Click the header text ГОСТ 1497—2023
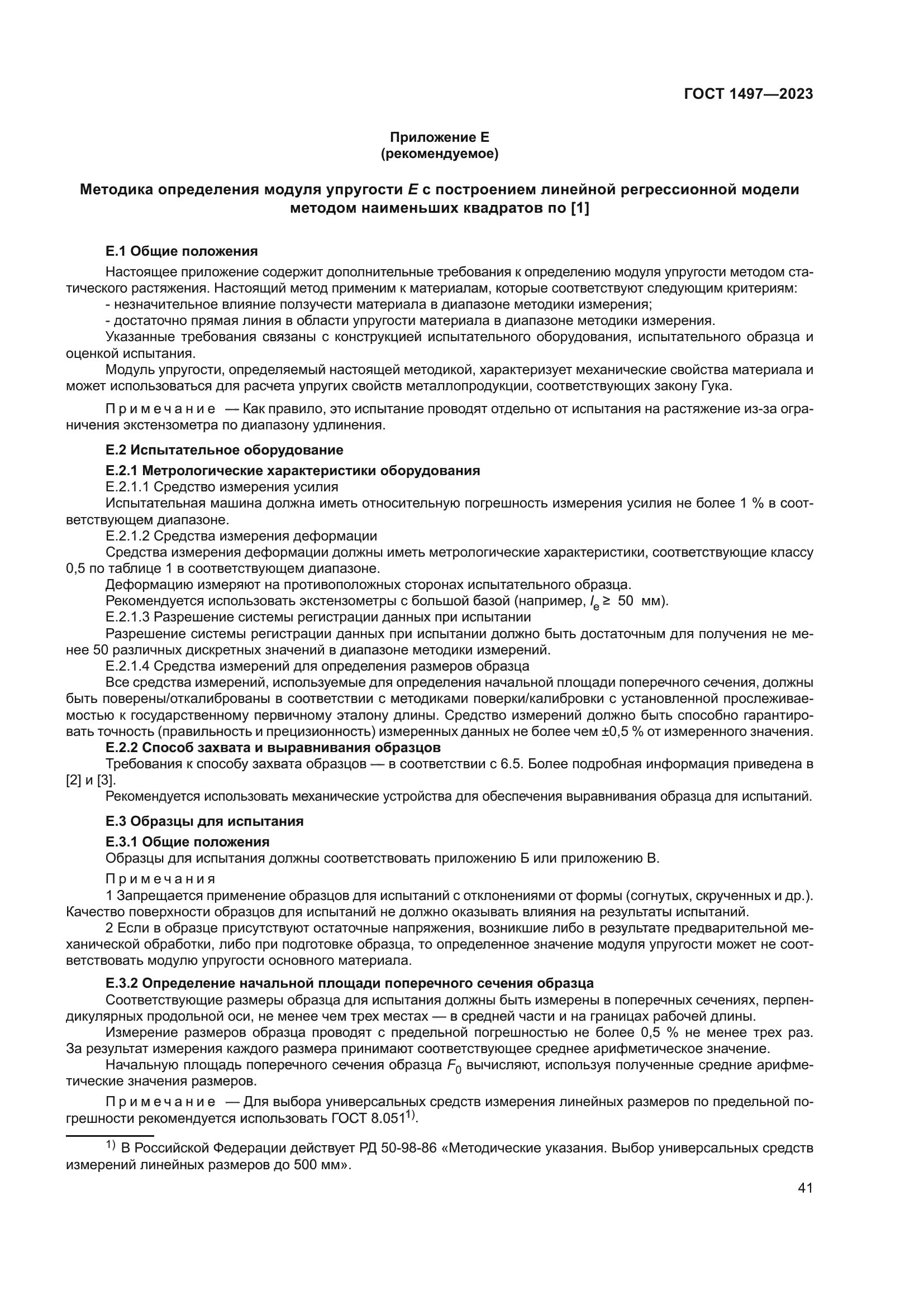(x=748, y=94)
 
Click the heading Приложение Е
(x=439, y=137)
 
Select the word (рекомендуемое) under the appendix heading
(x=439, y=154)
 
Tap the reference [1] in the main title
(x=579, y=209)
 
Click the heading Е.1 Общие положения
(x=182, y=251)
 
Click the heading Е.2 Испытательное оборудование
(x=224, y=451)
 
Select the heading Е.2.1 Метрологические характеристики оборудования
(x=292, y=471)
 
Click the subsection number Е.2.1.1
(x=127, y=487)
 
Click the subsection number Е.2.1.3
(x=127, y=617)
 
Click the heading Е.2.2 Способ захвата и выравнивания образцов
(x=273, y=748)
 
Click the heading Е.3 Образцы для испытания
(x=204, y=821)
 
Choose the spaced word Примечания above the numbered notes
(x=160, y=879)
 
